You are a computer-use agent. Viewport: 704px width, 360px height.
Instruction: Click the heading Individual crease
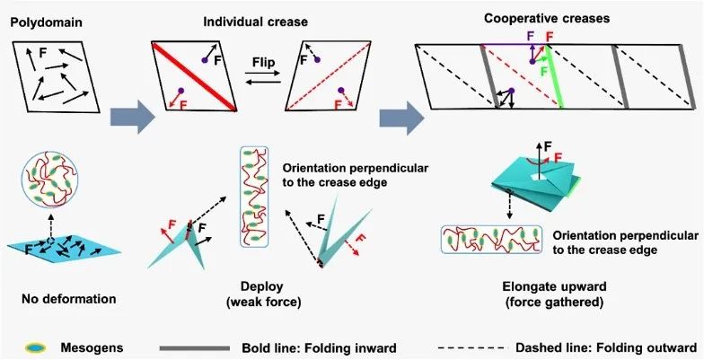(255, 22)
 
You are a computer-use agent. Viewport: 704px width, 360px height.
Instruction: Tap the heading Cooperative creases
(547, 18)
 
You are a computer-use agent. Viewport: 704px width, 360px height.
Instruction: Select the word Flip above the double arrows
(263, 61)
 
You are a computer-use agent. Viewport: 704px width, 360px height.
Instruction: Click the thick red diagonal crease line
(194, 77)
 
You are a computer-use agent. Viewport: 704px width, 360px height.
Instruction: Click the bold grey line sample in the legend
(194, 348)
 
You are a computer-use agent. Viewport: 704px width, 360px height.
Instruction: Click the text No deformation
(68, 298)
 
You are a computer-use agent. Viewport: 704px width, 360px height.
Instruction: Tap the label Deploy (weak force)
(263, 294)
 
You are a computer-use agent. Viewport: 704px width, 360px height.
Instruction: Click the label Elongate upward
(554, 286)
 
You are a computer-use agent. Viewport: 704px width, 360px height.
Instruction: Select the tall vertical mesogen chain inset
(254, 197)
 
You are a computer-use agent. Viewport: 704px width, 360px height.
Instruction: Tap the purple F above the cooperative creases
(532, 37)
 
